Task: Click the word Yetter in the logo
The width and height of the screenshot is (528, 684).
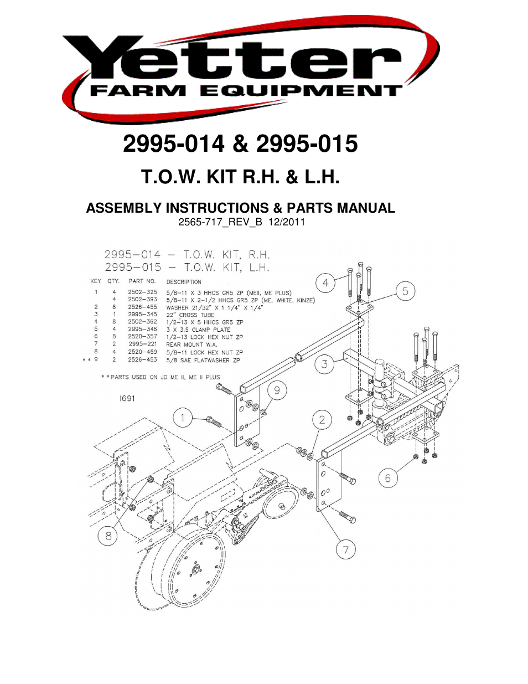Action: click(244, 60)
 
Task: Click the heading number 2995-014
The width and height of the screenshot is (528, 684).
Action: click(173, 144)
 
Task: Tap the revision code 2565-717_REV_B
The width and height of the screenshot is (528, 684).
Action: click(220, 222)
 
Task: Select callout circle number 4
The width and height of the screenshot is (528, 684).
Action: click(325, 283)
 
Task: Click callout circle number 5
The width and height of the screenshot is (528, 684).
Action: click(406, 291)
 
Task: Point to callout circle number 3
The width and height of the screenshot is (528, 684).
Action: click(324, 364)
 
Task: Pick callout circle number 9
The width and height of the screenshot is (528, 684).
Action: click(277, 390)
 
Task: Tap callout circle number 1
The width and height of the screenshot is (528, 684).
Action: click(183, 418)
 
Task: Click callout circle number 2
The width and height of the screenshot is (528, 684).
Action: click(322, 420)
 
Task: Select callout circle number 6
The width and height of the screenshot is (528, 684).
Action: click(388, 478)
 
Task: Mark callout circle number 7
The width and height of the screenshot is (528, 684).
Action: click(346, 550)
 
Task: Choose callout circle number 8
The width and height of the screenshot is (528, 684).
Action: click(108, 536)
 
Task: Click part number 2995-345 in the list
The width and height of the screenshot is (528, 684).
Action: click(142, 314)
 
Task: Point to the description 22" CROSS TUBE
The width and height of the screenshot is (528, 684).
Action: click(190, 315)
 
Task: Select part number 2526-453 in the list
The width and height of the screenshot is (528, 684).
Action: click(142, 359)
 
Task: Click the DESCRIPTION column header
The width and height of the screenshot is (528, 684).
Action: click(184, 281)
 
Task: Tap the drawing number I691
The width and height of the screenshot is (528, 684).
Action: click(127, 398)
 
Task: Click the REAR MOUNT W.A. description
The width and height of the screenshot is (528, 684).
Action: click(191, 344)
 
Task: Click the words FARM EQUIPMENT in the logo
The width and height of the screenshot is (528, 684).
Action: click(245, 91)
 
